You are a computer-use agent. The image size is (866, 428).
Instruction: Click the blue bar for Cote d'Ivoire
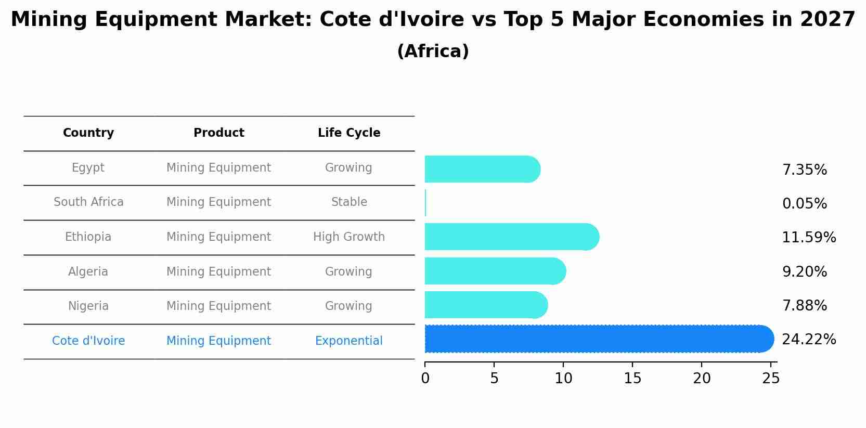598,339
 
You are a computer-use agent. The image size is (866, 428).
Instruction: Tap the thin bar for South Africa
425,203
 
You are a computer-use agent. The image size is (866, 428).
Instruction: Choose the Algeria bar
495,271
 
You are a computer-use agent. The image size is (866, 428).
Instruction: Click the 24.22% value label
809,340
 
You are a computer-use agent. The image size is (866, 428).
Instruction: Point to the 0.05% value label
804,204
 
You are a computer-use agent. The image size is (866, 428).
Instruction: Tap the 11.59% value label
809,238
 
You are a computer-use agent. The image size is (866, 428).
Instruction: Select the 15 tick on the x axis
632,379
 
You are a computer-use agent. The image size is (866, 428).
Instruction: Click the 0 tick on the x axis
425,379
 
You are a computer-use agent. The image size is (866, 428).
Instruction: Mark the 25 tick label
771,379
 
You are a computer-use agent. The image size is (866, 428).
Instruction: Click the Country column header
88,133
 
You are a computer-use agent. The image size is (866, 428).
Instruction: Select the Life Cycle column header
349,133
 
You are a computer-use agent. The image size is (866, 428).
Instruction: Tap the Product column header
218,133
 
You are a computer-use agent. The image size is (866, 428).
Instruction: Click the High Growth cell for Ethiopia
349,237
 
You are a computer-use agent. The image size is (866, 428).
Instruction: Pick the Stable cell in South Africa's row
349,202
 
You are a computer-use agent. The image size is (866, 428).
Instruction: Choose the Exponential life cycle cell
349,341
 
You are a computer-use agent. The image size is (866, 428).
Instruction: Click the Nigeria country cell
88,306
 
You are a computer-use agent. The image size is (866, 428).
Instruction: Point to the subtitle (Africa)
433,51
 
